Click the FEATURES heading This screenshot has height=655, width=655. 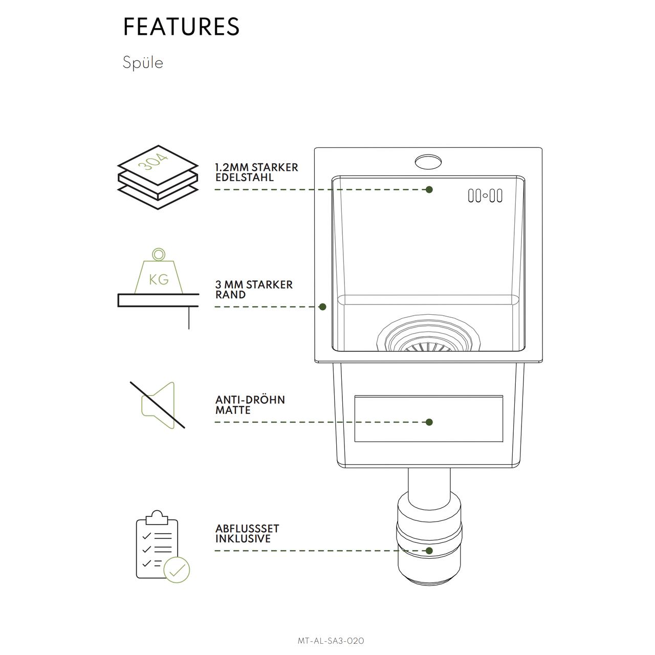pos(181,27)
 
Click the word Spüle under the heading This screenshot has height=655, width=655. pos(143,62)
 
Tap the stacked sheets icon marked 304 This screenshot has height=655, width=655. pos(158,177)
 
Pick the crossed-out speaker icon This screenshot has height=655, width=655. pos(158,405)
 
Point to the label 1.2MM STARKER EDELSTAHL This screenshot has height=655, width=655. pos(257,172)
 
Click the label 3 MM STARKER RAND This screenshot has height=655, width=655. pos(254,290)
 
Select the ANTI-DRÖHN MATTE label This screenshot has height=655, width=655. pos(250,405)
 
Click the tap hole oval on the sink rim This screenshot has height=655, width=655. pos(428,161)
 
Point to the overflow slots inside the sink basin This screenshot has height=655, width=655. pos(485,195)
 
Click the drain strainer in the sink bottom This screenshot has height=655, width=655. pos(429,334)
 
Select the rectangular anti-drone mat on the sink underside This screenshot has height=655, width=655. pos(429,419)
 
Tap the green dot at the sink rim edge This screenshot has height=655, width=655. pos(322,307)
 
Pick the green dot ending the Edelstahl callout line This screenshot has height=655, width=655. pos(429,190)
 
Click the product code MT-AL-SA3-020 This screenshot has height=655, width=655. pos(331,641)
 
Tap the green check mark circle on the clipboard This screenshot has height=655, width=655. pos(177,570)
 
